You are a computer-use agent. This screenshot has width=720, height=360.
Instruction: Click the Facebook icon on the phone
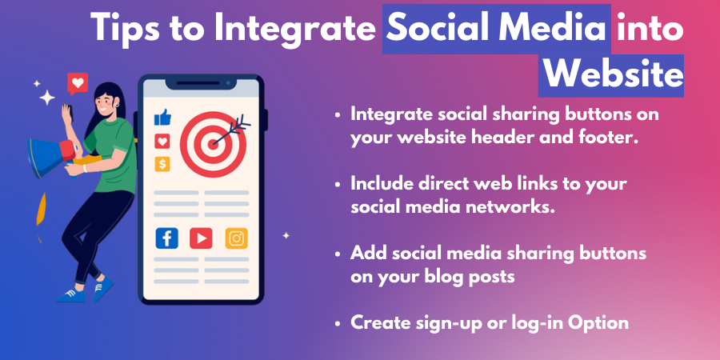point(166,238)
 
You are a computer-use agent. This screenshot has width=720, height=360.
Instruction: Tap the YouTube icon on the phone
point(201,238)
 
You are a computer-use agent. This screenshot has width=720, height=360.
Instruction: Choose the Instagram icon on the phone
point(236,238)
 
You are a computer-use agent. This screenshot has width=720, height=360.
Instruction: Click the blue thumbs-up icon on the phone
point(163,118)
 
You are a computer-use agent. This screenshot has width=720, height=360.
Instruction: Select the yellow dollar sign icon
point(163,164)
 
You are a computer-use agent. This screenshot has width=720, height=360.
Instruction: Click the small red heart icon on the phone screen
point(163,142)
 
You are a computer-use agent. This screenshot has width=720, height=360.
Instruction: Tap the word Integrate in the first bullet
point(390,114)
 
